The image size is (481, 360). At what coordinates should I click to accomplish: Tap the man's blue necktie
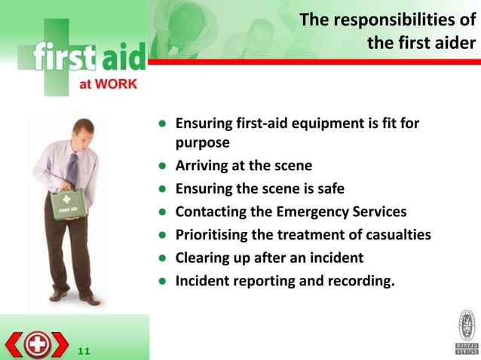click(x=72, y=170)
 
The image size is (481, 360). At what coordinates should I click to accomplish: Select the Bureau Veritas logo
click(x=466, y=331)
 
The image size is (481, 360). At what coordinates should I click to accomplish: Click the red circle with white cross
click(x=36, y=345)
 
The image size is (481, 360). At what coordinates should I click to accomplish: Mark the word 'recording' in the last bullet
click(x=360, y=281)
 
